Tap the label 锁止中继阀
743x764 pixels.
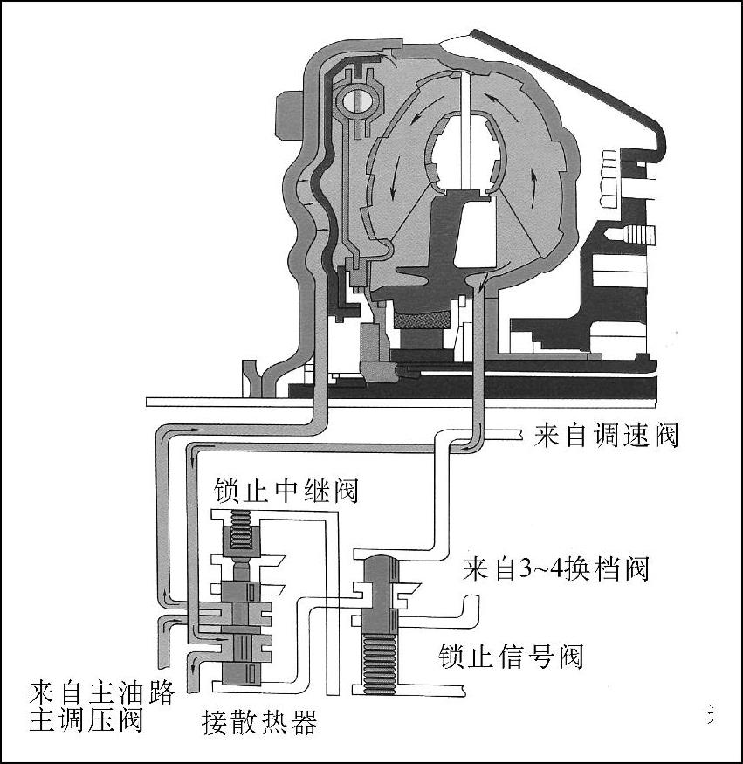[286, 491]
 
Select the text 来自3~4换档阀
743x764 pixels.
[555, 569]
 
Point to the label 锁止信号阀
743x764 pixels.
[510, 654]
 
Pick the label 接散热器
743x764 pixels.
[259, 722]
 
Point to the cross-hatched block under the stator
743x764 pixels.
[423, 318]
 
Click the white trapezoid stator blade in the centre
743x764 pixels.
[472, 231]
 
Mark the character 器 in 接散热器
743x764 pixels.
[304, 722]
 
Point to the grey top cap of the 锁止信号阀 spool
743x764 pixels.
[376, 566]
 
